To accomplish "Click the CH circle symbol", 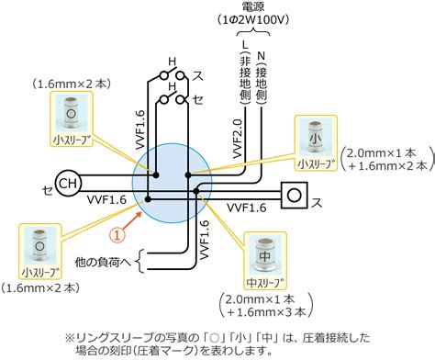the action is [x=68, y=183].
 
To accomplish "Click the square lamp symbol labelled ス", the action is [x=295, y=195].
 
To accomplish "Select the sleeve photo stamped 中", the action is [x=265, y=255].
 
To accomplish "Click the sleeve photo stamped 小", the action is [x=316, y=138].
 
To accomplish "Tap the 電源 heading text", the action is [x=253, y=6].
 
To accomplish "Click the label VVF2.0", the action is [x=238, y=139].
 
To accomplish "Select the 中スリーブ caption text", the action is [x=264, y=282].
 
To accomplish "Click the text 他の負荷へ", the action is [x=103, y=262].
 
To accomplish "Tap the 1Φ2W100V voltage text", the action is [x=253, y=20].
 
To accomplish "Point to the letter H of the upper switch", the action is [x=173, y=62].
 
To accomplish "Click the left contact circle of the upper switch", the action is [x=165, y=75].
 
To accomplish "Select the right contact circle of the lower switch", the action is [x=181, y=100].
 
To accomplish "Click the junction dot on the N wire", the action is [x=196, y=192].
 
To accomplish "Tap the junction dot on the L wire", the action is [x=188, y=175].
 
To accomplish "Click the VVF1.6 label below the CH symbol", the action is [x=106, y=200].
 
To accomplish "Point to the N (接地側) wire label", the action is [x=261, y=78].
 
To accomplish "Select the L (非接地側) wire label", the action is [x=245, y=73].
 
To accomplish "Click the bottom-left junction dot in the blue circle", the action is [x=148, y=199].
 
